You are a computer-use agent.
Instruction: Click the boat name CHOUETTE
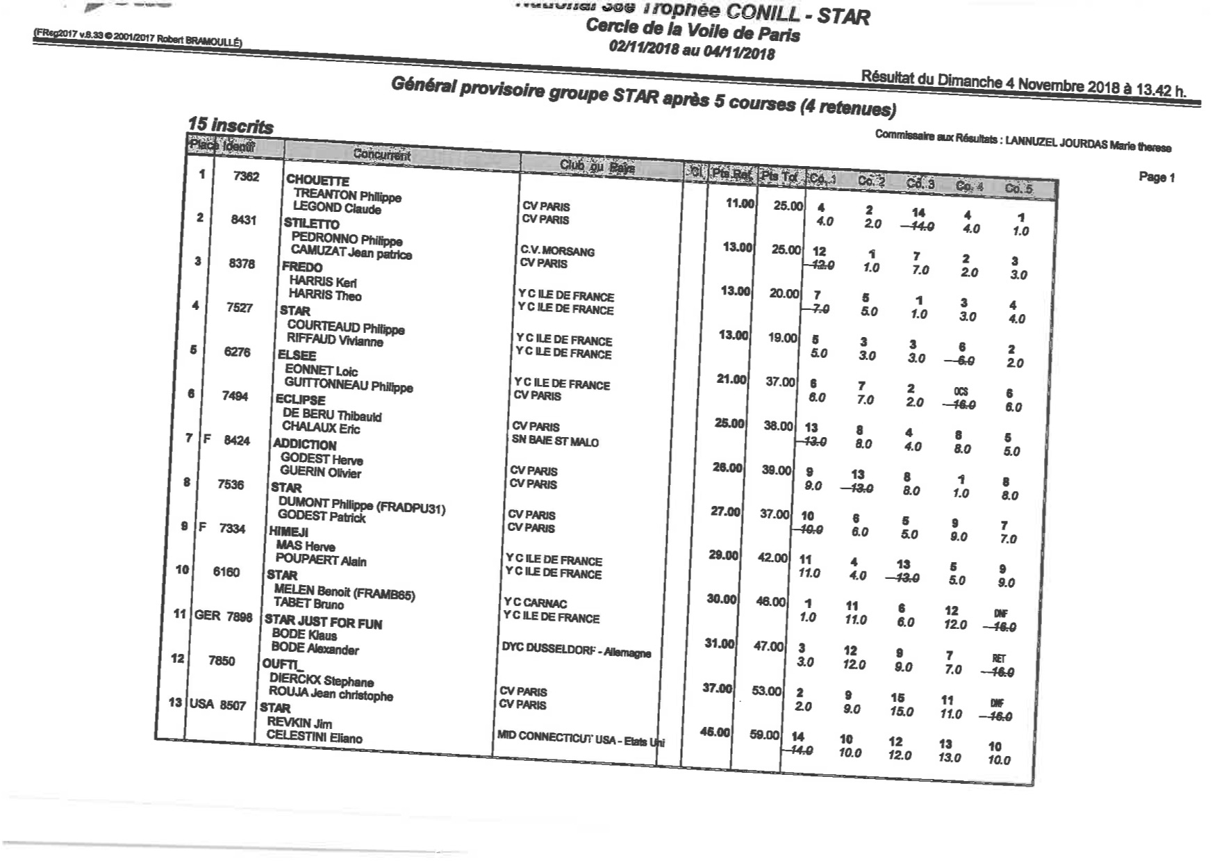coord(317,181)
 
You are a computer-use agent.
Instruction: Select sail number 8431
coord(243,220)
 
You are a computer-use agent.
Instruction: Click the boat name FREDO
coord(302,267)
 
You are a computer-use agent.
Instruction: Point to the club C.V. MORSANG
coord(557,251)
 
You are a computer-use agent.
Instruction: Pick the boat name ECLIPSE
coord(300,400)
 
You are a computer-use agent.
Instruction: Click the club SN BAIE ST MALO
coord(554,441)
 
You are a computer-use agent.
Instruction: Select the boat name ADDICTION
coord(304,445)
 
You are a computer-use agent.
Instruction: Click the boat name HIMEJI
coord(288,532)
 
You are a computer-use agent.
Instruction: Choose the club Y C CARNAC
coord(535,603)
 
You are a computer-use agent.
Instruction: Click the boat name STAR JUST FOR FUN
coord(323,622)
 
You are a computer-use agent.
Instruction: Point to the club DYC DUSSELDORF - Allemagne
coord(576,649)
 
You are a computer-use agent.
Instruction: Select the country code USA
coord(201,703)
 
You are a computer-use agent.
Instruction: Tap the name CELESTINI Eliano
coord(314,737)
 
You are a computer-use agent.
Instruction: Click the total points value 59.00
coord(764,735)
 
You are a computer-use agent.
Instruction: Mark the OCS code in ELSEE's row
coord(961,391)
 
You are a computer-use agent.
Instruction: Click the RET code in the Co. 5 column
coord(998,658)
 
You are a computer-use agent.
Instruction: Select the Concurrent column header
coord(381,154)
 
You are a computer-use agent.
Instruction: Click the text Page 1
coord(1157,177)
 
